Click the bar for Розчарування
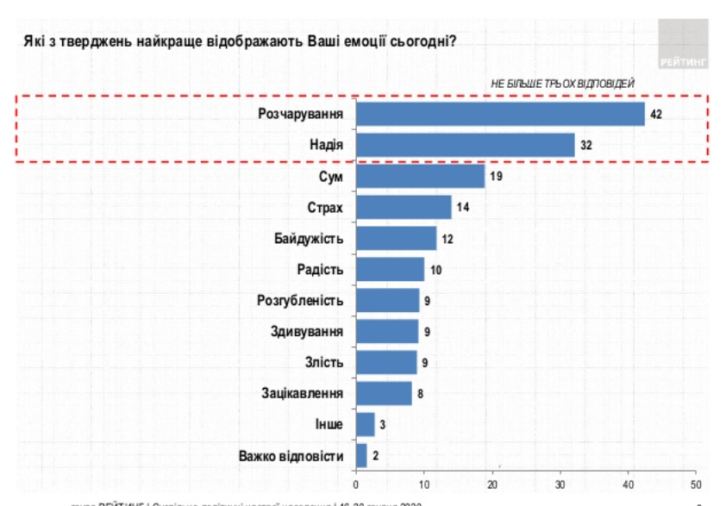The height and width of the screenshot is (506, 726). [x=500, y=114]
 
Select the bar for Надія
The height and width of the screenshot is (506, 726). [x=466, y=145]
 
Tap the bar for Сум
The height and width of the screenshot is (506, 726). [x=421, y=176]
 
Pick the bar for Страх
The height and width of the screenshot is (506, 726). [x=404, y=207]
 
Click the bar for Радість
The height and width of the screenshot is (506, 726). [x=390, y=269]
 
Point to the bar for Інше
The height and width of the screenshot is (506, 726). [x=366, y=424]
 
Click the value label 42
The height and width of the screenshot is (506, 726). [x=656, y=114]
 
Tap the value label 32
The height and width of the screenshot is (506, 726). [x=586, y=145]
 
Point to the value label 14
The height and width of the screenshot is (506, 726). [x=463, y=207]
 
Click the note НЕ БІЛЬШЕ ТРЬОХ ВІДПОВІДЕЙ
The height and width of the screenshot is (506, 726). [x=562, y=83]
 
